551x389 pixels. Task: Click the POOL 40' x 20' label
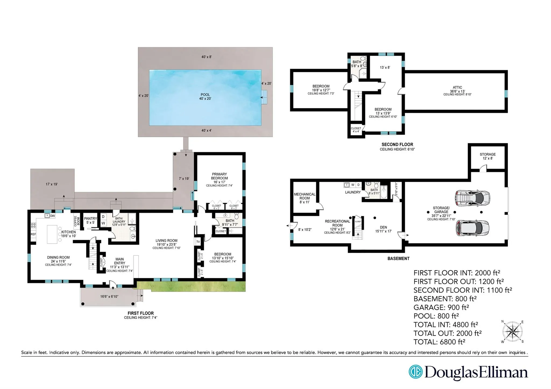(x=205, y=97)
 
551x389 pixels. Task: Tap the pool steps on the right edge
(x=264, y=97)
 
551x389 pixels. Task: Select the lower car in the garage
(x=472, y=228)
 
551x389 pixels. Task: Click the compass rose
(x=513, y=331)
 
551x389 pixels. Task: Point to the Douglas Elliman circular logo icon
(x=415, y=372)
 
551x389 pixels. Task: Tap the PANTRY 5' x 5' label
(x=90, y=220)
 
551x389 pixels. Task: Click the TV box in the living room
(x=198, y=242)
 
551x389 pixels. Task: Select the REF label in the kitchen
(x=33, y=234)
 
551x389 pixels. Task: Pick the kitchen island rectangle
(x=52, y=234)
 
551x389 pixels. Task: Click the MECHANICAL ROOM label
(x=304, y=198)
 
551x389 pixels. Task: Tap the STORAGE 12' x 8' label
(x=488, y=156)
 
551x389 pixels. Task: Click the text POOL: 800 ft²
(x=436, y=316)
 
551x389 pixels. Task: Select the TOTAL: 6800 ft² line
(x=439, y=342)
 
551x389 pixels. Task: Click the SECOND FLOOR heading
(x=397, y=144)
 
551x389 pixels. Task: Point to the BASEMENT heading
(x=398, y=258)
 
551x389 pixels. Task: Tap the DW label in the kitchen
(x=53, y=216)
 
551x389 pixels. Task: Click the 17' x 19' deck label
(x=52, y=184)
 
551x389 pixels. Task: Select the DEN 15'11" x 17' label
(x=383, y=229)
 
